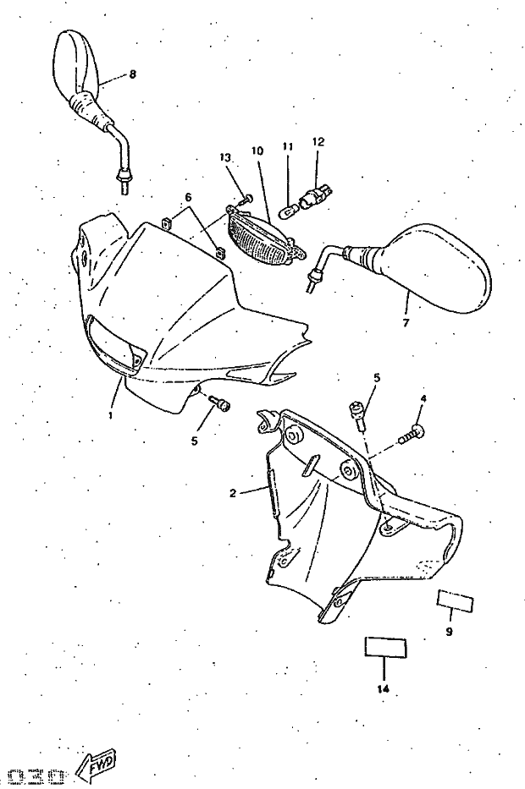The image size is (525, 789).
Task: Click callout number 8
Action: pyautogui.click(x=132, y=74)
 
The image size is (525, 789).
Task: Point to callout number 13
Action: pyautogui.click(x=224, y=158)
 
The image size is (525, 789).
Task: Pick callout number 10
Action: pyautogui.click(x=257, y=151)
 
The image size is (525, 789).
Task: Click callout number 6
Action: pyautogui.click(x=188, y=197)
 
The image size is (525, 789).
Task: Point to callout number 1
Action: pyautogui.click(x=111, y=416)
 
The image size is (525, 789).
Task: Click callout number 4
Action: pyautogui.click(x=423, y=397)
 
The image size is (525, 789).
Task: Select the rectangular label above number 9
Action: pyautogui.click(x=456, y=602)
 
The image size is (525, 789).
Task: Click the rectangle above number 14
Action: pyautogui.click(x=385, y=648)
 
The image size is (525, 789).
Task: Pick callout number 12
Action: pyautogui.click(x=318, y=142)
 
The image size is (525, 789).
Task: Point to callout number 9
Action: pyautogui.click(x=449, y=632)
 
